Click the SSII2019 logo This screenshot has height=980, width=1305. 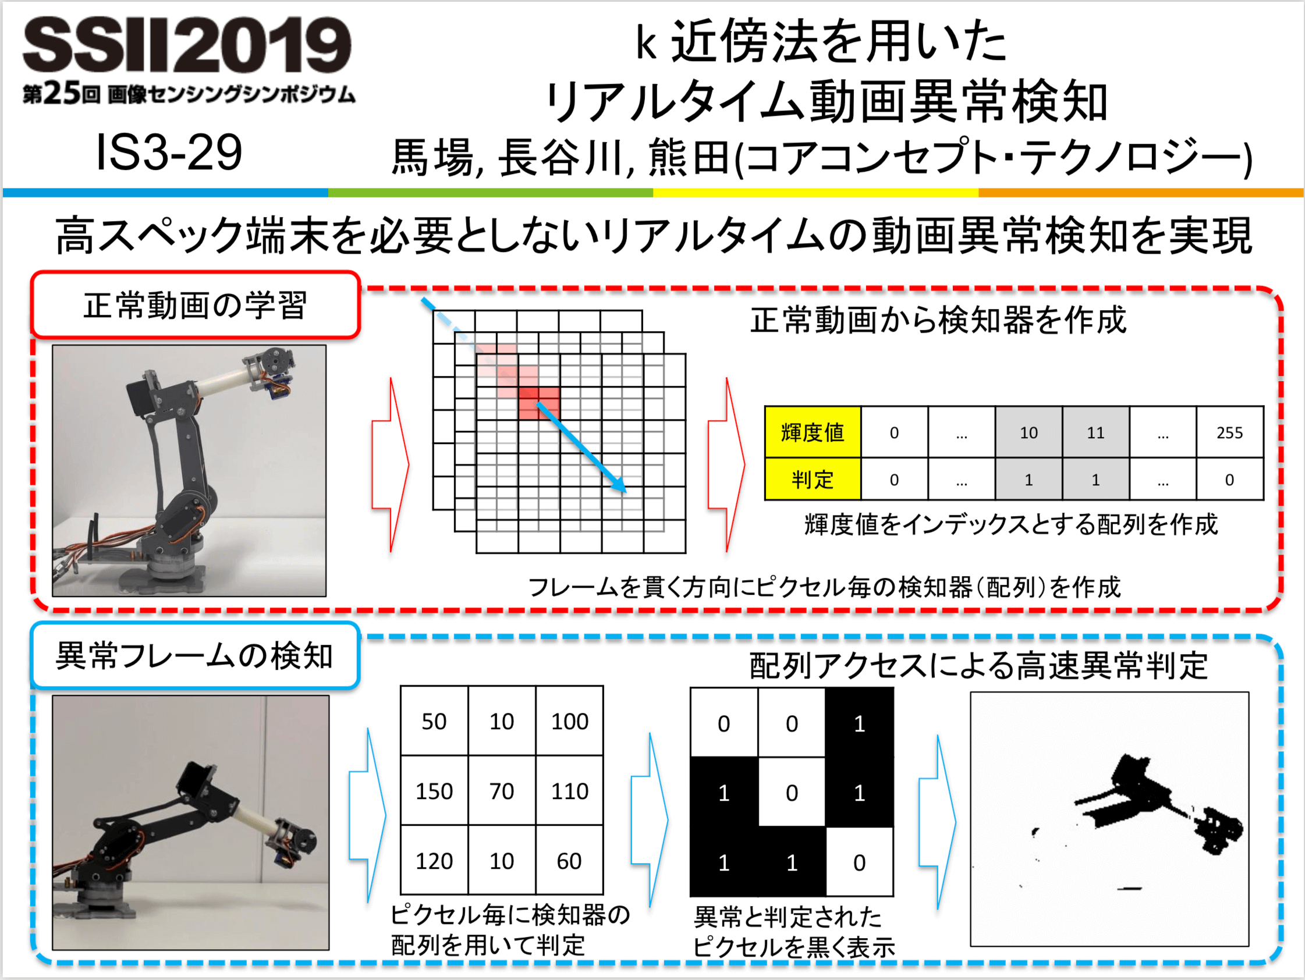pos(187,45)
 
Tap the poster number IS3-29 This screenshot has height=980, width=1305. pos(169,152)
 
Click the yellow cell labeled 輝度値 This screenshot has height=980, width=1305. pos(813,432)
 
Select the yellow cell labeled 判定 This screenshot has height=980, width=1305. pos(813,479)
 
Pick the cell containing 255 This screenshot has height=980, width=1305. pos(1229,432)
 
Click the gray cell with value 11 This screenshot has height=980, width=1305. pos(1095,432)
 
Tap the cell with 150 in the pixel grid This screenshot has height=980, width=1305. pos(434,791)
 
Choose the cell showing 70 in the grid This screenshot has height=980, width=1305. pos(502,791)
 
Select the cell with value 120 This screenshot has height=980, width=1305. pos(434,861)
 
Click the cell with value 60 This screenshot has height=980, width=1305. pos(569,861)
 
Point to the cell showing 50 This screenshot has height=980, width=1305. pos(434,721)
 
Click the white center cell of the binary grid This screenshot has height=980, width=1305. pos(792,793)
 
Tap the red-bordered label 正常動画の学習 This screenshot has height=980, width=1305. pos(195,305)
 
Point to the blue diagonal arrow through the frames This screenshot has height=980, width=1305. pos(581,447)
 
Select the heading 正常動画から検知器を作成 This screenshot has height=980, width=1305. pos(938,321)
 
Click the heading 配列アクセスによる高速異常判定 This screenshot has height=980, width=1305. pos(978,666)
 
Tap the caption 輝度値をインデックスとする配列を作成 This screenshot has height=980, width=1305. pos(1010,524)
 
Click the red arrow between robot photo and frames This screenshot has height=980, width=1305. pos(391,465)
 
